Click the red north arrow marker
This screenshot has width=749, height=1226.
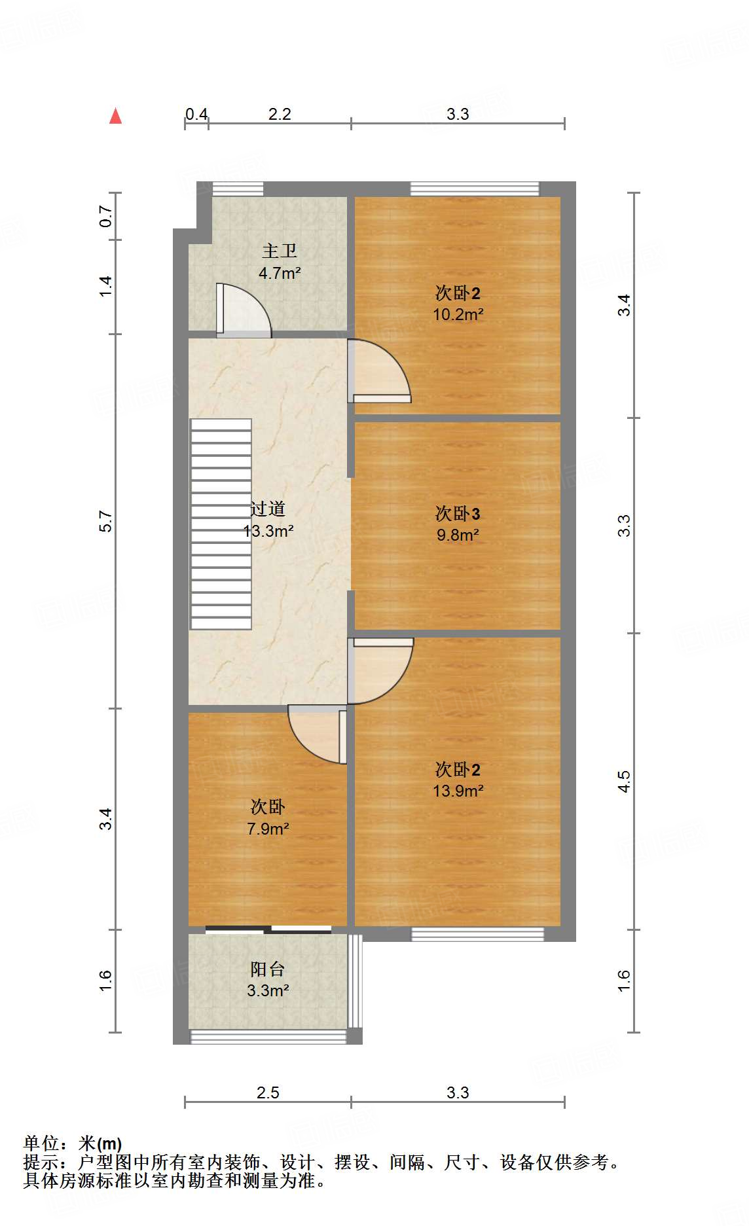click(x=116, y=116)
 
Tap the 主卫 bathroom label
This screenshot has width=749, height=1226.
click(x=280, y=251)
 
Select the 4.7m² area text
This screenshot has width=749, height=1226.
click(x=280, y=273)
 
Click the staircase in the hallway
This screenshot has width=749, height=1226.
click(x=221, y=524)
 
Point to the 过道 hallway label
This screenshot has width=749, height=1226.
click(x=268, y=509)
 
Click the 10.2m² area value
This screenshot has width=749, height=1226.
click(x=458, y=314)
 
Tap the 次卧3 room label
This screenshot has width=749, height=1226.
click(x=458, y=513)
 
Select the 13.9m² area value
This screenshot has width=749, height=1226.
click(x=458, y=791)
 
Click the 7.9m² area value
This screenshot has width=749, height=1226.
click(x=268, y=829)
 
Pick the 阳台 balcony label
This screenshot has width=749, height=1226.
click(x=268, y=969)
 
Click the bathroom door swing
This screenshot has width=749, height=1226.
click(x=242, y=310)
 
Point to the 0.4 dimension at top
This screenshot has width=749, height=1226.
click(x=196, y=114)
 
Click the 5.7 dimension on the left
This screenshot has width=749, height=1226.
click(x=106, y=521)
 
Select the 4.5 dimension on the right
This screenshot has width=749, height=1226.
click(x=623, y=781)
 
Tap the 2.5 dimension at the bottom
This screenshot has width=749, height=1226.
click(x=268, y=1092)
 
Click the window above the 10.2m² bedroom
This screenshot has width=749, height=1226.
click(x=475, y=189)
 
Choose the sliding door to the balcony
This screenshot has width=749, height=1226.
click(x=268, y=929)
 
